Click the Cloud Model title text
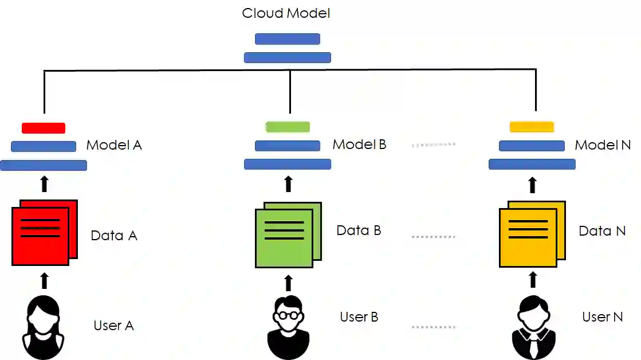point(286,13)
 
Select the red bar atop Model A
point(44,128)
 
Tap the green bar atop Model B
point(288,127)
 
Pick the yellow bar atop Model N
point(532,127)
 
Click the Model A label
point(114,145)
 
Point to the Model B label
point(359,144)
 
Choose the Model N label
point(603,145)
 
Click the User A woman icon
point(44,327)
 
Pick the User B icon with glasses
point(288,327)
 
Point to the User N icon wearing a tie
point(532,327)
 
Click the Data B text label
point(359,230)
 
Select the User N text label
point(602,317)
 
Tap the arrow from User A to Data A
point(44,280)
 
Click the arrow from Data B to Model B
point(288,183)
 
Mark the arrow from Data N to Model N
point(532,184)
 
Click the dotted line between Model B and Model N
point(434,145)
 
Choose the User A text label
point(113,326)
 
